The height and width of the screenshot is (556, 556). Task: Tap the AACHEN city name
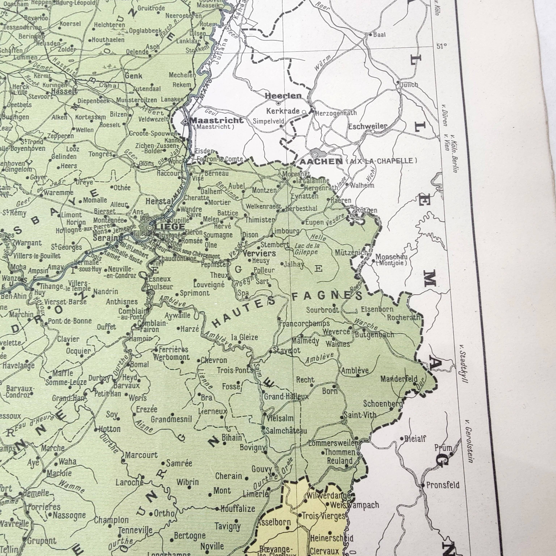click(x=321, y=161)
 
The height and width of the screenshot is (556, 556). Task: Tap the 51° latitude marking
click(x=441, y=46)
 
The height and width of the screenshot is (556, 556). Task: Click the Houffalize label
click(x=238, y=509)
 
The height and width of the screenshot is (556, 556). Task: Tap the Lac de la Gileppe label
click(x=307, y=249)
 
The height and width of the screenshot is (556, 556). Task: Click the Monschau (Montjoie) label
click(x=391, y=259)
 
